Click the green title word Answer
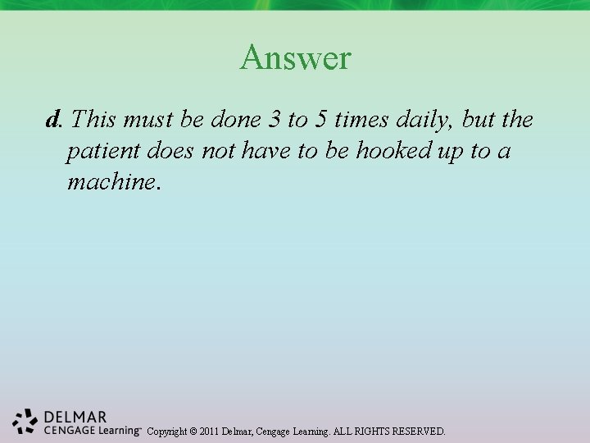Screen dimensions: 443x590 [295, 57]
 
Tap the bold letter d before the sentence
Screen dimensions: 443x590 [53, 121]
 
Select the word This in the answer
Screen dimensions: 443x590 [93, 120]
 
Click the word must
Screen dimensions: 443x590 [149, 120]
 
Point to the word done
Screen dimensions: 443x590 [235, 120]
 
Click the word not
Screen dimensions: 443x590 [219, 150]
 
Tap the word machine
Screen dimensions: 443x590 [114, 180]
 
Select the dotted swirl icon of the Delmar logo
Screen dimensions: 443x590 [25, 421]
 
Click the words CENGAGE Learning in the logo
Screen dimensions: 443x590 [90, 430]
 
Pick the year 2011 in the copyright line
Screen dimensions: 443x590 [211, 431]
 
